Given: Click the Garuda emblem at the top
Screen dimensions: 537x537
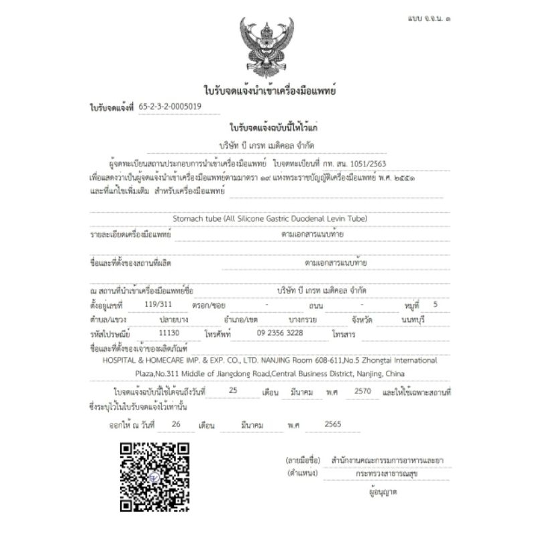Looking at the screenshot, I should [268, 47].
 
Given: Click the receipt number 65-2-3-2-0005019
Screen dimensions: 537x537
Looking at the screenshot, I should [170, 106].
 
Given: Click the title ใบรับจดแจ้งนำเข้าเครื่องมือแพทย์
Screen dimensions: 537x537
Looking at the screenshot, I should [269, 89].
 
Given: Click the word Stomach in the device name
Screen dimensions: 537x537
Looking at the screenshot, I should [189, 219].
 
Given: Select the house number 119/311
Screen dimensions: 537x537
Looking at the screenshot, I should [158, 305].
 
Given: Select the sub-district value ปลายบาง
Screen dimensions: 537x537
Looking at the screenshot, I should [173, 319].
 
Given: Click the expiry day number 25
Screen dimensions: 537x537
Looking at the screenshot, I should [233, 390].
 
